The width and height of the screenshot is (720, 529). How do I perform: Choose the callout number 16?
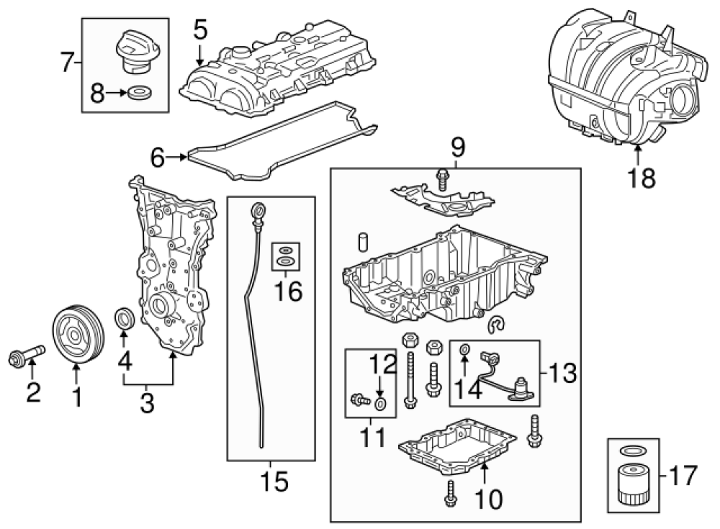[x=286, y=291]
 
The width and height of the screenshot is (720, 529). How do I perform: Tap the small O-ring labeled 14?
[x=465, y=350]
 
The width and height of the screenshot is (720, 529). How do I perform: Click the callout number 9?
[x=458, y=148]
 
